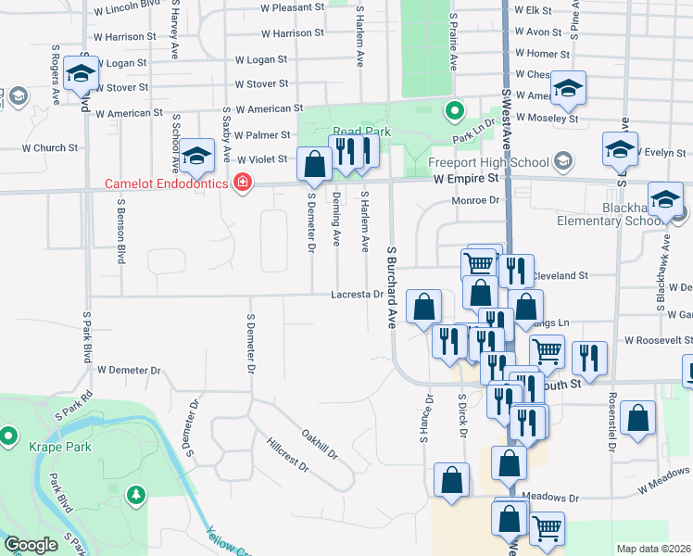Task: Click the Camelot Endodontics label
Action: (x=166, y=183)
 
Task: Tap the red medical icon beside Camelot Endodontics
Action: (x=243, y=183)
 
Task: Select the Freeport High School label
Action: (x=489, y=161)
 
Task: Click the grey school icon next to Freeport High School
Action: (x=561, y=161)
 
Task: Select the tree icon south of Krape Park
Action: (x=137, y=495)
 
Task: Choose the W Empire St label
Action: (x=467, y=177)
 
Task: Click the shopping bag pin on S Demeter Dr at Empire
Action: (x=315, y=165)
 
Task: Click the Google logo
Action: (x=31, y=545)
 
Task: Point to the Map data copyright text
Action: (x=653, y=549)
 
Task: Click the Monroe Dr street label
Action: (x=474, y=200)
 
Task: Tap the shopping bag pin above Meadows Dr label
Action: (x=509, y=462)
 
